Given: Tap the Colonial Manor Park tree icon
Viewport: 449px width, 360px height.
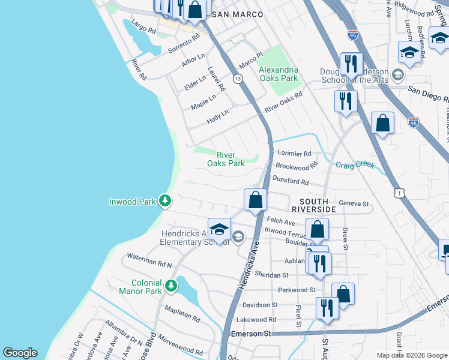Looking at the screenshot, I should coord(172,287).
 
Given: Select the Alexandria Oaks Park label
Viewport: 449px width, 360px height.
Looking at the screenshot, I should coord(278,74).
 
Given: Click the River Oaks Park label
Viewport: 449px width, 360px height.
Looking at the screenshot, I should coord(226,158).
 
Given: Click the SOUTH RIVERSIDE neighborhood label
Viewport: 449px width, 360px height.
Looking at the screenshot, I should coord(313,205).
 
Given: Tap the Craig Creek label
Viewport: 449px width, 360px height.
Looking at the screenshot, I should coord(355,165).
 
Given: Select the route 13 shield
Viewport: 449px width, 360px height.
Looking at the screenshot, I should coord(238,79).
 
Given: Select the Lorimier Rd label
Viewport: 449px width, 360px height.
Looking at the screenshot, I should coord(294,154).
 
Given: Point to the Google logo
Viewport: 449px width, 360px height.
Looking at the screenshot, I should coord(20,353).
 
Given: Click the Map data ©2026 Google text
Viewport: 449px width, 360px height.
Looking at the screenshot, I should coord(411,355).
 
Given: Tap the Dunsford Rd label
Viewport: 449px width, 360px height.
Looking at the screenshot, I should coord(291,181).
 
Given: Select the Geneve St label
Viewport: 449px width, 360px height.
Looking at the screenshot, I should coord(354,204).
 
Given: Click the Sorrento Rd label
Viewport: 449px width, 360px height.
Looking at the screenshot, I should coord(184,43).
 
